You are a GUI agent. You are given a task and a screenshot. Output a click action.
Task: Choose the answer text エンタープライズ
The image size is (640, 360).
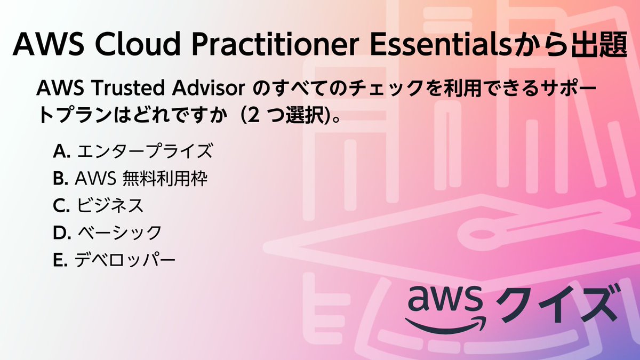[144, 152]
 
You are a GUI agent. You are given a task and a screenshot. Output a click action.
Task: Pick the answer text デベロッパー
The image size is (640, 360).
[125, 260]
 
